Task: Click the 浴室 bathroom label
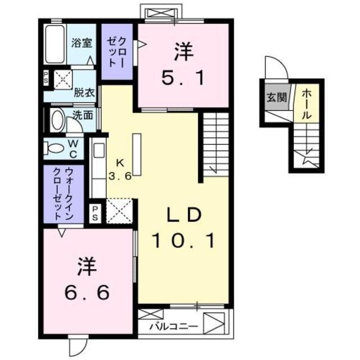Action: click(82, 43)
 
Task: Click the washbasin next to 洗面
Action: click(57, 120)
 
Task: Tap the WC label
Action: click(74, 147)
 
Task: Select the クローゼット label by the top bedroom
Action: click(116, 52)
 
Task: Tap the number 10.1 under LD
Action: click(183, 242)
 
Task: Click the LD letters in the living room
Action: click(183, 215)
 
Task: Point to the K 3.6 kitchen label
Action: click(119, 168)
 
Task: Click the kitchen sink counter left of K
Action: click(98, 169)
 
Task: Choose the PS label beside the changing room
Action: click(46, 79)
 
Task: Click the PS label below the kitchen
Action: click(95, 213)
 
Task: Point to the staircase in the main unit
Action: click(215, 143)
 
